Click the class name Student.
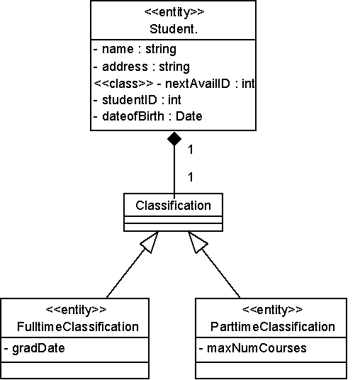174,29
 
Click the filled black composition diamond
174,139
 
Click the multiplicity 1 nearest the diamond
191,150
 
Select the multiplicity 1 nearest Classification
191,177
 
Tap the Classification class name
173,206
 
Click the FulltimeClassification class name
78,327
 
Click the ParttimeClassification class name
273,327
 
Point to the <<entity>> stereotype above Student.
174,12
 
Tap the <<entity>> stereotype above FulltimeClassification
76,310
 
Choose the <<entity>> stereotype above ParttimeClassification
273,310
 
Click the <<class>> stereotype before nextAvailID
123,84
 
